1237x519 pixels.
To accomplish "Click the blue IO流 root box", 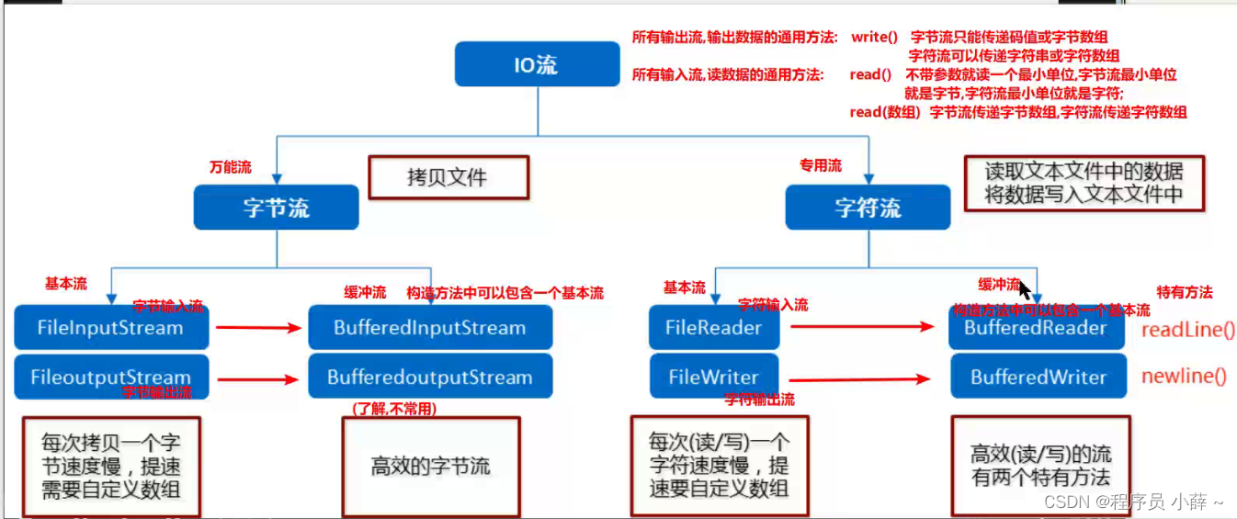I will [x=538, y=65].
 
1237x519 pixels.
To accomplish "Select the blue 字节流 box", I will [x=276, y=208].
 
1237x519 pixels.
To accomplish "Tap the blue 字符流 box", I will [x=868, y=208].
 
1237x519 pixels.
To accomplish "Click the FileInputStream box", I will [x=111, y=328].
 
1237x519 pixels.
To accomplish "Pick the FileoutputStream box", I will [x=111, y=377].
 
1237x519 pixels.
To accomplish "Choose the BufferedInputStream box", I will [x=429, y=328].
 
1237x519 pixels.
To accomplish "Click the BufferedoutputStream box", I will [x=429, y=377].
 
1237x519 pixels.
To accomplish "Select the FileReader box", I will [x=713, y=328].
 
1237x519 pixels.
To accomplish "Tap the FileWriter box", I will [x=713, y=377].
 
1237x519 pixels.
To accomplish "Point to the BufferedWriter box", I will [x=1038, y=377].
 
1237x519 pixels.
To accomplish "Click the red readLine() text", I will [x=1187, y=331].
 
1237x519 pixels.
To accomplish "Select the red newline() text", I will [x=1184, y=376].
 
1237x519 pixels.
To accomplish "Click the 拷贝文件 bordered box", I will [x=448, y=177].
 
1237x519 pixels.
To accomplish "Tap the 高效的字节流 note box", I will [x=430, y=466].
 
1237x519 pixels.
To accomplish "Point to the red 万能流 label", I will [x=231, y=167].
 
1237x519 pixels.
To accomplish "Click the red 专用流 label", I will [x=820, y=165].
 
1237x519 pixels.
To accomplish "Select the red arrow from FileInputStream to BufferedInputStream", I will [x=257, y=326].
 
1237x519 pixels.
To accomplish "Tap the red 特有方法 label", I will [x=1185, y=292].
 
